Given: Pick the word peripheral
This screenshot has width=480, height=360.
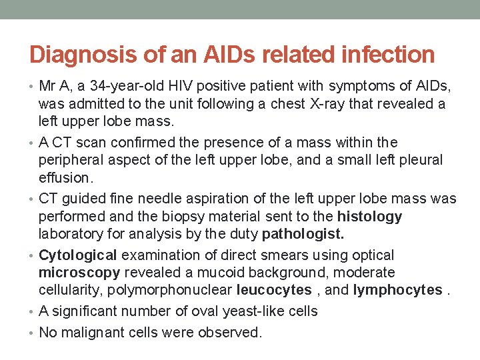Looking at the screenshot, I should (71, 161).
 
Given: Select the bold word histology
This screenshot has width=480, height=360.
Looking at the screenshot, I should (370, 217).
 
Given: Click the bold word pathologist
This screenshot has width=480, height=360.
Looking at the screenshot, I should (303, 235).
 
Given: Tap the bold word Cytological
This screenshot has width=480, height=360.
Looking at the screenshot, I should (78, 255).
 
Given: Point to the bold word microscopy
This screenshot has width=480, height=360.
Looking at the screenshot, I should (79, 273).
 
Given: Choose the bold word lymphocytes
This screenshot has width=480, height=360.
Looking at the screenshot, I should (398, 291).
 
